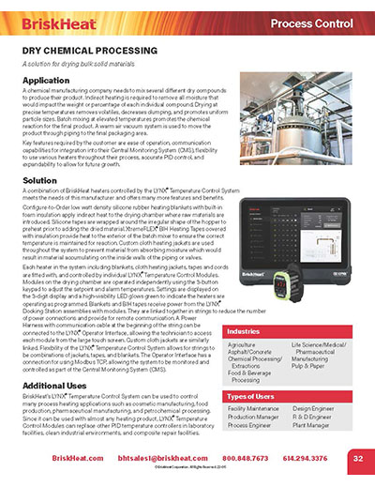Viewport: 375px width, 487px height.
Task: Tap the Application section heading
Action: point(49,82)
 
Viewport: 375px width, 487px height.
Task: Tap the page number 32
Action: point(358,458)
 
